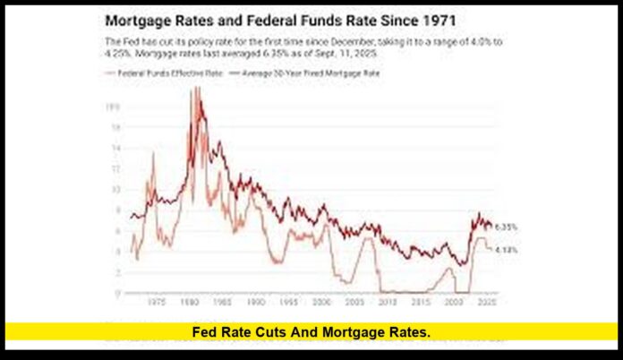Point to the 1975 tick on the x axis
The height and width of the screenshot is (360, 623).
(155, 303)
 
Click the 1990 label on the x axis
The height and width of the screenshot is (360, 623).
(256, 303)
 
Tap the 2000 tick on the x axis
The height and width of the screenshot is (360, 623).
(323, 303)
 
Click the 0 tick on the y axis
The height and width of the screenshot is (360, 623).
(116, 293)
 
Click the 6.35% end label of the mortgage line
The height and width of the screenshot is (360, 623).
(507, 226)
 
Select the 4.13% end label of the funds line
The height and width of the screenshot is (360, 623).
(507, 250)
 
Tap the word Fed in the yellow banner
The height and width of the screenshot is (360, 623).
(206, 333)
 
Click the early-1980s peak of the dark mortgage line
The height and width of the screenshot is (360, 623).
(196, 90)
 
